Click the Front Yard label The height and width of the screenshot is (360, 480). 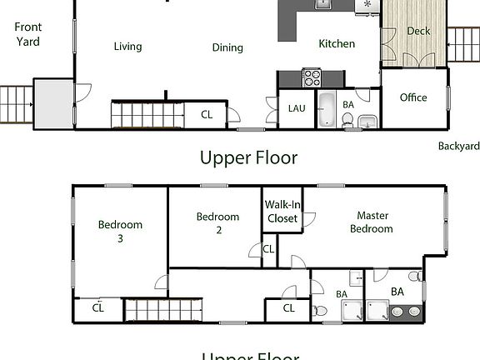[x=27, y=34]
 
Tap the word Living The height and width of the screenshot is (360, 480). [x=127, y=47]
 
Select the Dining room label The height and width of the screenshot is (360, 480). [x=227, y=47]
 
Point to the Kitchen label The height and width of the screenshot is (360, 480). [x=337, y=44]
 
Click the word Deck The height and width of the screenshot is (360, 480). [x=418, y=32]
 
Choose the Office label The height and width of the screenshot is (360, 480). [x=413, y=97]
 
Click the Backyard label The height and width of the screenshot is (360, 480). [x=459, y=146]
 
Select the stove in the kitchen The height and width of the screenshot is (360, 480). [x=312, y=78]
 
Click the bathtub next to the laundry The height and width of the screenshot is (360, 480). [x=326, y=110]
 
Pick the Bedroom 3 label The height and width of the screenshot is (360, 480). [x=120, y=231]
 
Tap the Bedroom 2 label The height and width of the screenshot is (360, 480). [x=217, y=223]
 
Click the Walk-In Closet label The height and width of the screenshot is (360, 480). [x=282, y=212]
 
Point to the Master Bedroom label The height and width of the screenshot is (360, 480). [x=371, y=222]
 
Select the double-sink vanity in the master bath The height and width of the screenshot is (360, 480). [x=406, y=312]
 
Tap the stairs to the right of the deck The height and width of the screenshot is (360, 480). [x=463, y=40]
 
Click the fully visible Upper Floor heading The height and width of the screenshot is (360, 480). [x=248, y=157]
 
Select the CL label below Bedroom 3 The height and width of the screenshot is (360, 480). [x=98, y=307]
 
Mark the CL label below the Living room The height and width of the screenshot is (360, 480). [x=207, y=115]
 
